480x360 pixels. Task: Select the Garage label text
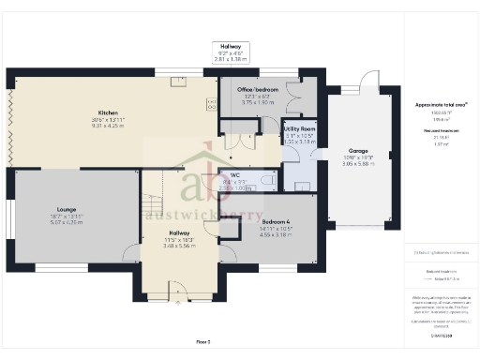[x=357, y=149]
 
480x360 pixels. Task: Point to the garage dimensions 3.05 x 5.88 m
[x=357, y=163]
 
